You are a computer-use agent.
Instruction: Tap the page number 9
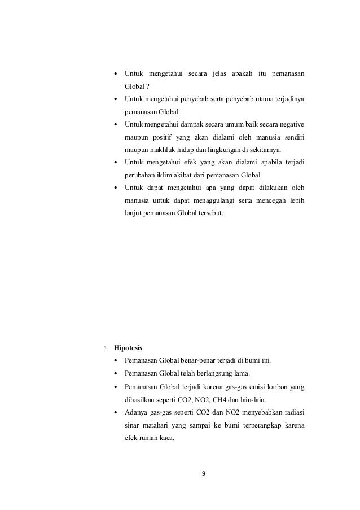[x=204, y=473]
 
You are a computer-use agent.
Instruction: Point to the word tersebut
[x=209, y=214]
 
